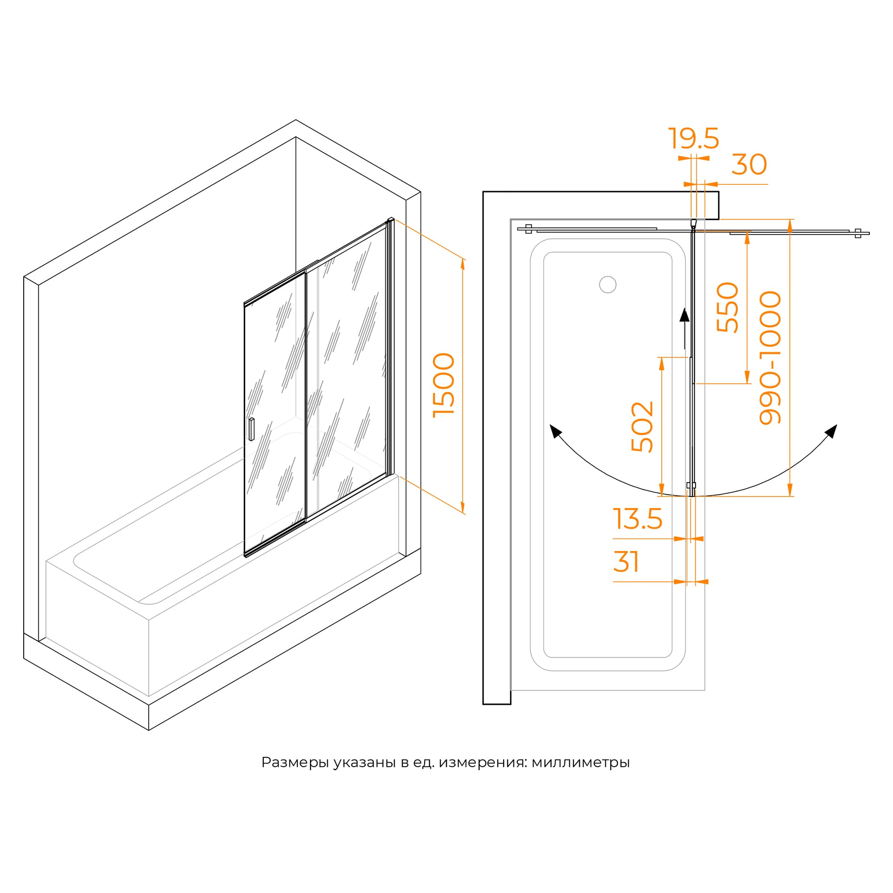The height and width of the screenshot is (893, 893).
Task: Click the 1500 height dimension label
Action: point(444,385)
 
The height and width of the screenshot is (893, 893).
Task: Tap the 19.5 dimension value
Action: point(693,139)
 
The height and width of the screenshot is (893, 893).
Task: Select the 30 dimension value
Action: point(749,165)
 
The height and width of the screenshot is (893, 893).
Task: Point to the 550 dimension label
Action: point(727,307)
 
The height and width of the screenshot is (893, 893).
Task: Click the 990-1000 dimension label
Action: point(771,357)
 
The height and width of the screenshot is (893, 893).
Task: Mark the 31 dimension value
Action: point(626,562)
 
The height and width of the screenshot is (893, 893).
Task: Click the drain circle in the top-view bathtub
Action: point(608,285)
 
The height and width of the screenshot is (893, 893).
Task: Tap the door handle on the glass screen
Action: point(251,429)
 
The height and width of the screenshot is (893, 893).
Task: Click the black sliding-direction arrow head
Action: point(684,316)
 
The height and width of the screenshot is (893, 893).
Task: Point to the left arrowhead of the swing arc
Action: point(555,431)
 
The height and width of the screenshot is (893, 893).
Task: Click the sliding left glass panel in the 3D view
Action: point(275,416)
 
